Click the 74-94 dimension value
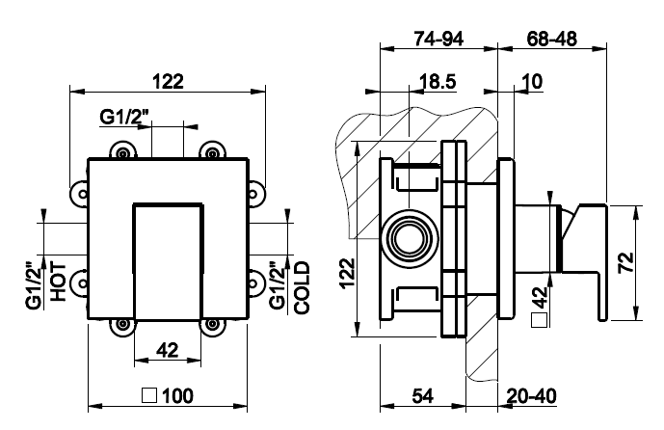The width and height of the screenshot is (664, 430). (x=438, y=40)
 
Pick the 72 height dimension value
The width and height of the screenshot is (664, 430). (x=625, y=260)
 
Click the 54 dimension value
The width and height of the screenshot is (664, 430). (x=424, y=395)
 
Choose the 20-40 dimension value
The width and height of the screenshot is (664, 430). (x=531, y=395)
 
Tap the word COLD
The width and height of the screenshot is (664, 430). (x=302, y=287)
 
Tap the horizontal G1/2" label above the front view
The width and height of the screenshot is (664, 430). (x=125, y=118)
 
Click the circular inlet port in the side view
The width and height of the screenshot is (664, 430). (x=405, y=237)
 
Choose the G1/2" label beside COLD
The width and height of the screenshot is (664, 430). (x=279, y=285)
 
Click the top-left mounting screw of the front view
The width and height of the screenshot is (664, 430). (x=122, y=150)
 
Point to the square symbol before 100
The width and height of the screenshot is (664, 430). (x=148, y=395)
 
